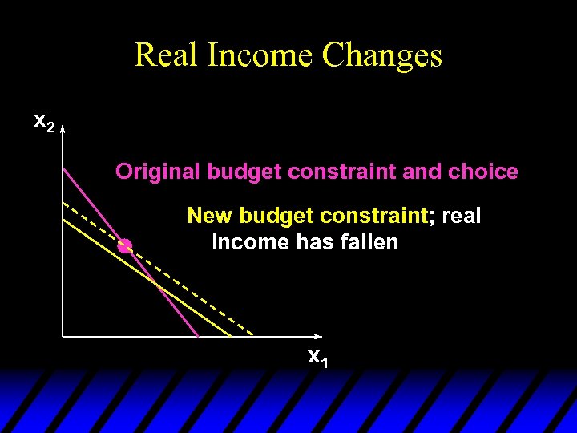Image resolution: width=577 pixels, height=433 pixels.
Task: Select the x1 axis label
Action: pyautogui.click(x=318, y=357)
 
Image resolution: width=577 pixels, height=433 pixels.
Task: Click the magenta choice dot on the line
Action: pyautogui.click(x=124, y=246)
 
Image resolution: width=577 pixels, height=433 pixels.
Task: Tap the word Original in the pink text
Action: pyautogui.click(x=158, y=172)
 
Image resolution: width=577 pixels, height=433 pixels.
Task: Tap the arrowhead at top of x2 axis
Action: pyautogui.click(x=63, y=127)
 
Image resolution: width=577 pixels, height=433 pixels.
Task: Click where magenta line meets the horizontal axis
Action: pyautogui.click(x=198, y=336)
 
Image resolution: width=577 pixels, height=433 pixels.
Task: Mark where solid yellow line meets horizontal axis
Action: pyautogui.click(x=232, y=336)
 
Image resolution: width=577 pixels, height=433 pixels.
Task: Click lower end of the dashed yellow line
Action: pyautogui.click(x=253, y=334)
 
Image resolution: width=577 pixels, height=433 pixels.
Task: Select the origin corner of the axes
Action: pyautogui.click(x=63, y=336)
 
